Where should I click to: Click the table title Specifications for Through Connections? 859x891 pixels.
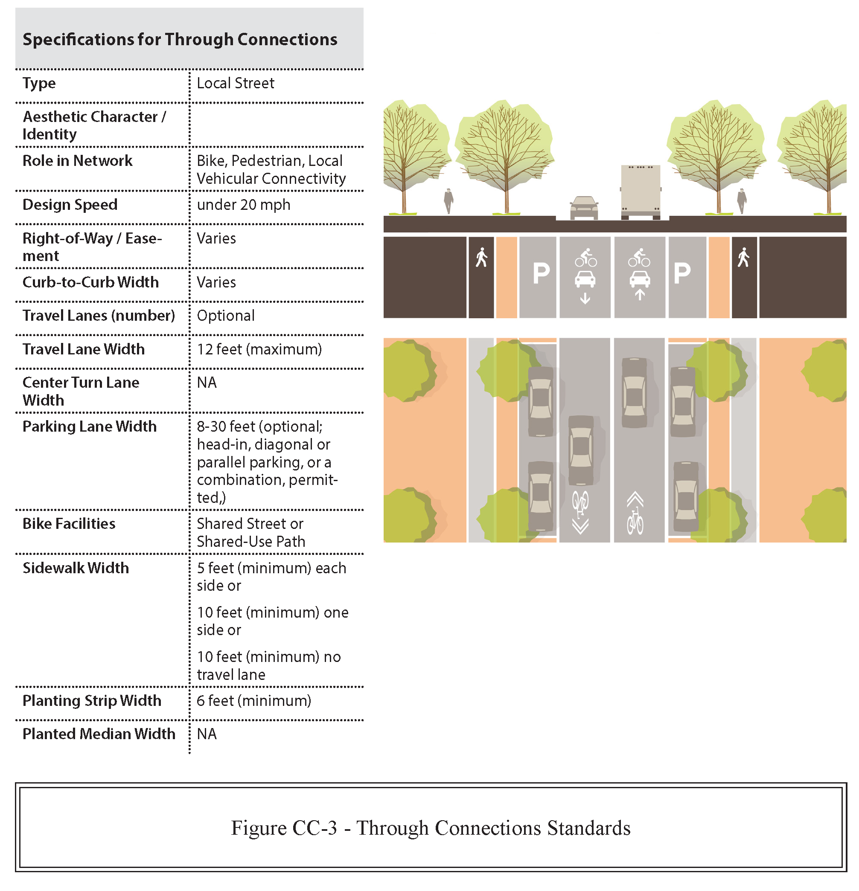(180, 40)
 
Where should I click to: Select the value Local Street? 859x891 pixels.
(235, 83)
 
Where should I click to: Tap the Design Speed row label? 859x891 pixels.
(70, 205)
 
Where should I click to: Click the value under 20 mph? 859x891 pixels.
(243, 205)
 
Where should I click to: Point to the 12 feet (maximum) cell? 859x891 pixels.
(259, 349)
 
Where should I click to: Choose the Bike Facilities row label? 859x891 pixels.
(69, 524)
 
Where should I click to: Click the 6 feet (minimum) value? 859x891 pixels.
(254, 700)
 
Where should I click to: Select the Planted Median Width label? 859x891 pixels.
(99, 734)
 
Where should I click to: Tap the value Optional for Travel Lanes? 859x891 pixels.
(226, 316)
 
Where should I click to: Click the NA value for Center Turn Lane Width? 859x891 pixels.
(207, 383)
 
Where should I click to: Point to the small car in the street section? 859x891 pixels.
(584, 207)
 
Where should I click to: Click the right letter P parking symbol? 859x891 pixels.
(681, 273)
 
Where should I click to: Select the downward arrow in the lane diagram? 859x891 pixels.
(585, 299)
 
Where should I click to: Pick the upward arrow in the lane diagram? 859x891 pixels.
(639, 295)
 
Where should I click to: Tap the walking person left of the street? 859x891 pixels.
(448, 200)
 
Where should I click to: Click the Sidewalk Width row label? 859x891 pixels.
(76, 568)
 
